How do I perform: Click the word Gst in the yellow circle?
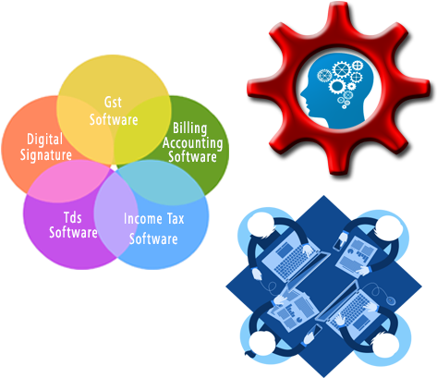113,103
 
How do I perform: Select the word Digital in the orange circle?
45,140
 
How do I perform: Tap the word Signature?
46,154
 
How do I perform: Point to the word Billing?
189,128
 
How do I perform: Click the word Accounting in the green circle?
192,143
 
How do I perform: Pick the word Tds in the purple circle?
73,217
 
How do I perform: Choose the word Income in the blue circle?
143,219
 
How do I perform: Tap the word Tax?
176,219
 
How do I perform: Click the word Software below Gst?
114,119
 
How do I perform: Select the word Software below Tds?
73,232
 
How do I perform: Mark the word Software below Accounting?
192,156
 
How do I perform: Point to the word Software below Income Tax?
153,239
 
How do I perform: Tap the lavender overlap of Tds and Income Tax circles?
115,215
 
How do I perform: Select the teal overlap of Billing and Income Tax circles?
160,182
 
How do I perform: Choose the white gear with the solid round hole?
336,86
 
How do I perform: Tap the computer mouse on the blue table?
391,300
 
